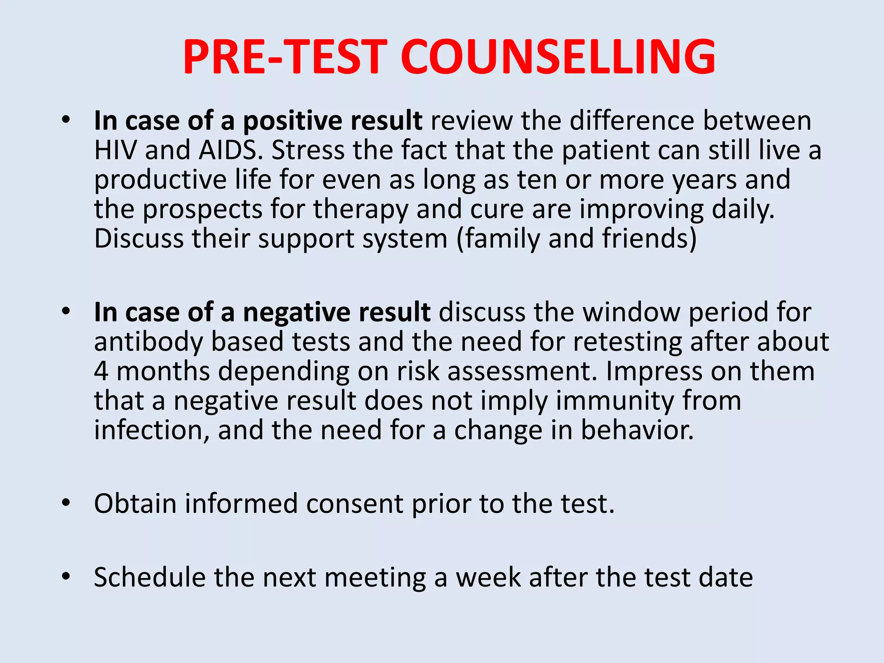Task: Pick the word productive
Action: [x=160, y=180]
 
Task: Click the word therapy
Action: [x=360, y=210]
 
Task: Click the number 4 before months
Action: [x=101, y=371]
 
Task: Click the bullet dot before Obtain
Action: [x=66, y=502]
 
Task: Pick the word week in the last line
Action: [x=488, y=578]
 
